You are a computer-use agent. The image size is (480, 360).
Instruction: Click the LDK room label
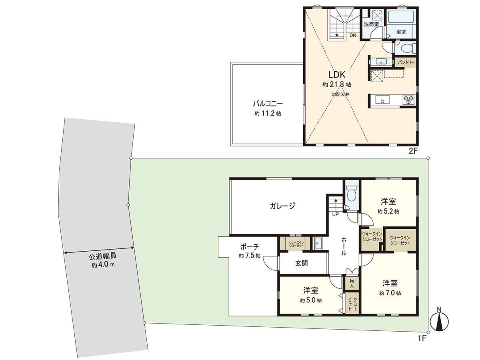click(x=337, y=75)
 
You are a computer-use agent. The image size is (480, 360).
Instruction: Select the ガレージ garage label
click(x=282, y=206)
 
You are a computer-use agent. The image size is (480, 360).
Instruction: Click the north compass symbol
click(x=439, y=322)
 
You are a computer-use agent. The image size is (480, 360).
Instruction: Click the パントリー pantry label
click(x=406, y=63)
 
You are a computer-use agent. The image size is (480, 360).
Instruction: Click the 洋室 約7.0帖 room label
click(x=390, y=283)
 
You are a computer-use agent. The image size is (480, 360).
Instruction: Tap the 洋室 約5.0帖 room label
click(x=311, y=290)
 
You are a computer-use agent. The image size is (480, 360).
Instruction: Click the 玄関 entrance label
click(x=302, y=263)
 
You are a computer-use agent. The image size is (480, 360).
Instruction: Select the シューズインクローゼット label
click(x=294, y=244)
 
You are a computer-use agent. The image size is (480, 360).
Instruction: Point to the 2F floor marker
click(x=413, y=151)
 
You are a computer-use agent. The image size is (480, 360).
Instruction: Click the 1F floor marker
click(x=422, y=338)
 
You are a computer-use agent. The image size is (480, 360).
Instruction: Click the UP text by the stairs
click(x=335, y=214)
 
